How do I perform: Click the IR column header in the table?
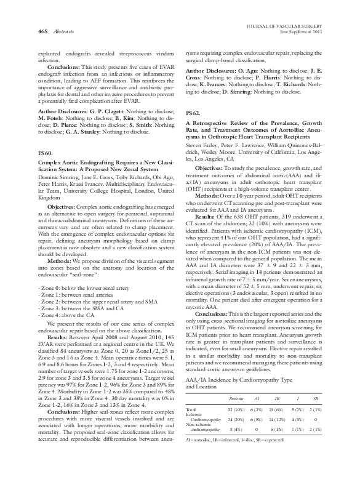click(x=278, y=416)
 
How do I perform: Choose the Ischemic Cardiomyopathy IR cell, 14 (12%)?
click(x=278, y=436)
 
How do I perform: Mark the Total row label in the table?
click(x=191, y=426)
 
